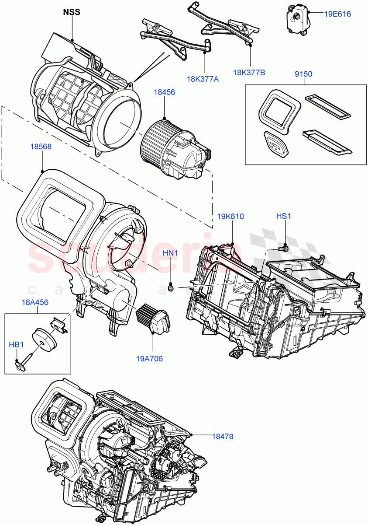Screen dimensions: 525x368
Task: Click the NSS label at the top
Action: coord(71,12)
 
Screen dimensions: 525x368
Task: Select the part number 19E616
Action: coord(337,14)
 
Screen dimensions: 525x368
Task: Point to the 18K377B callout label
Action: coord(249,72)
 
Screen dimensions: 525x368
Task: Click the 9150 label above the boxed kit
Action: coord(303,74)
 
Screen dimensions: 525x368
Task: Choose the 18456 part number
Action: coord(164,92)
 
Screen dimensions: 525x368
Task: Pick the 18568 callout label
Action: coord(41,147)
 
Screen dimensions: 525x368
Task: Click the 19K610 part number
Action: coord(230,217)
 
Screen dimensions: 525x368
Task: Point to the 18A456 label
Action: coord(35,302)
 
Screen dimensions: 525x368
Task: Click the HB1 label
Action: coord(16,345)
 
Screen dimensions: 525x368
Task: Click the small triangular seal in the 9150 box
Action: coord(275,143)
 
